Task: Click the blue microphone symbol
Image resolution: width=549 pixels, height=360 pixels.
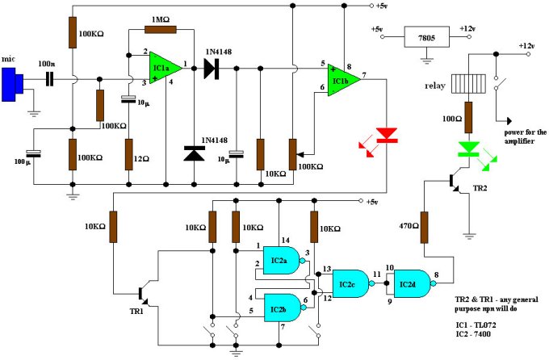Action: point(12,85)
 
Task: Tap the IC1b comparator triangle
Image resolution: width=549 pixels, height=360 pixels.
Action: point(343,80)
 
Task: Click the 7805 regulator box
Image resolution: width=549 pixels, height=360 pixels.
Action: point(427,36)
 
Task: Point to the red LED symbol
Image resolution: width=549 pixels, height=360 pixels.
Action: point(387,135)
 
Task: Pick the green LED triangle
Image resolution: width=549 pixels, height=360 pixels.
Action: point(468,149)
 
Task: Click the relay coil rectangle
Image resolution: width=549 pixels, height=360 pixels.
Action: point(468,84)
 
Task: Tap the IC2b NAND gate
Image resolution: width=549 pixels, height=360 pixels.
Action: point(283,308)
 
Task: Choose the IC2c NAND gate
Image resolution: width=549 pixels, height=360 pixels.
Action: point(351,283)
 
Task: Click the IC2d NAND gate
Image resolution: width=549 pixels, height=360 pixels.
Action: point(413,283)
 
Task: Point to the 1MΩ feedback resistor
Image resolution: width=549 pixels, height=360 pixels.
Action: point(161,29)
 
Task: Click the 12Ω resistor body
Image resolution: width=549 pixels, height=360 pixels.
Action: point(129,154)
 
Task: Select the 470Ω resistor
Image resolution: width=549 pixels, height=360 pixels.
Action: point(424,228)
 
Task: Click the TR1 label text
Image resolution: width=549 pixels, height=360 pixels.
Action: point(136,311)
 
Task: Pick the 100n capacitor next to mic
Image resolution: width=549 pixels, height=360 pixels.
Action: point(50,79)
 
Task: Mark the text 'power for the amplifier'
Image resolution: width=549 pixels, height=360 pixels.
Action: point(525,136)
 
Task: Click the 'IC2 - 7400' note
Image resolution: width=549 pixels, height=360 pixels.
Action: point(473,333)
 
